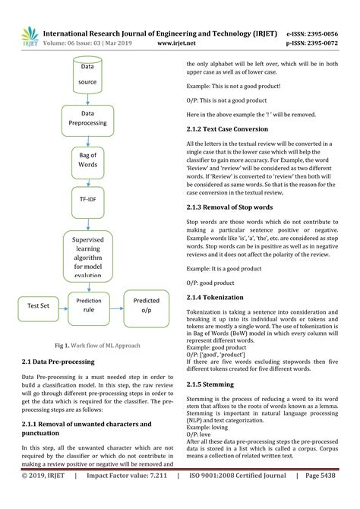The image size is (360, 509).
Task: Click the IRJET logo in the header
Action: (23, 36)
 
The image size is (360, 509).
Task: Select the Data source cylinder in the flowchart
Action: (87, 74)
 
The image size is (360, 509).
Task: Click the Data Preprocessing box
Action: (87, 116)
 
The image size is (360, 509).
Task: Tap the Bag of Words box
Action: (87, 161)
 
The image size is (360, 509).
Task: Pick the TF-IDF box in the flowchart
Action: (87, 201)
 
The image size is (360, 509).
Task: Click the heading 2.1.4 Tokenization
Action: (225, 297)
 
